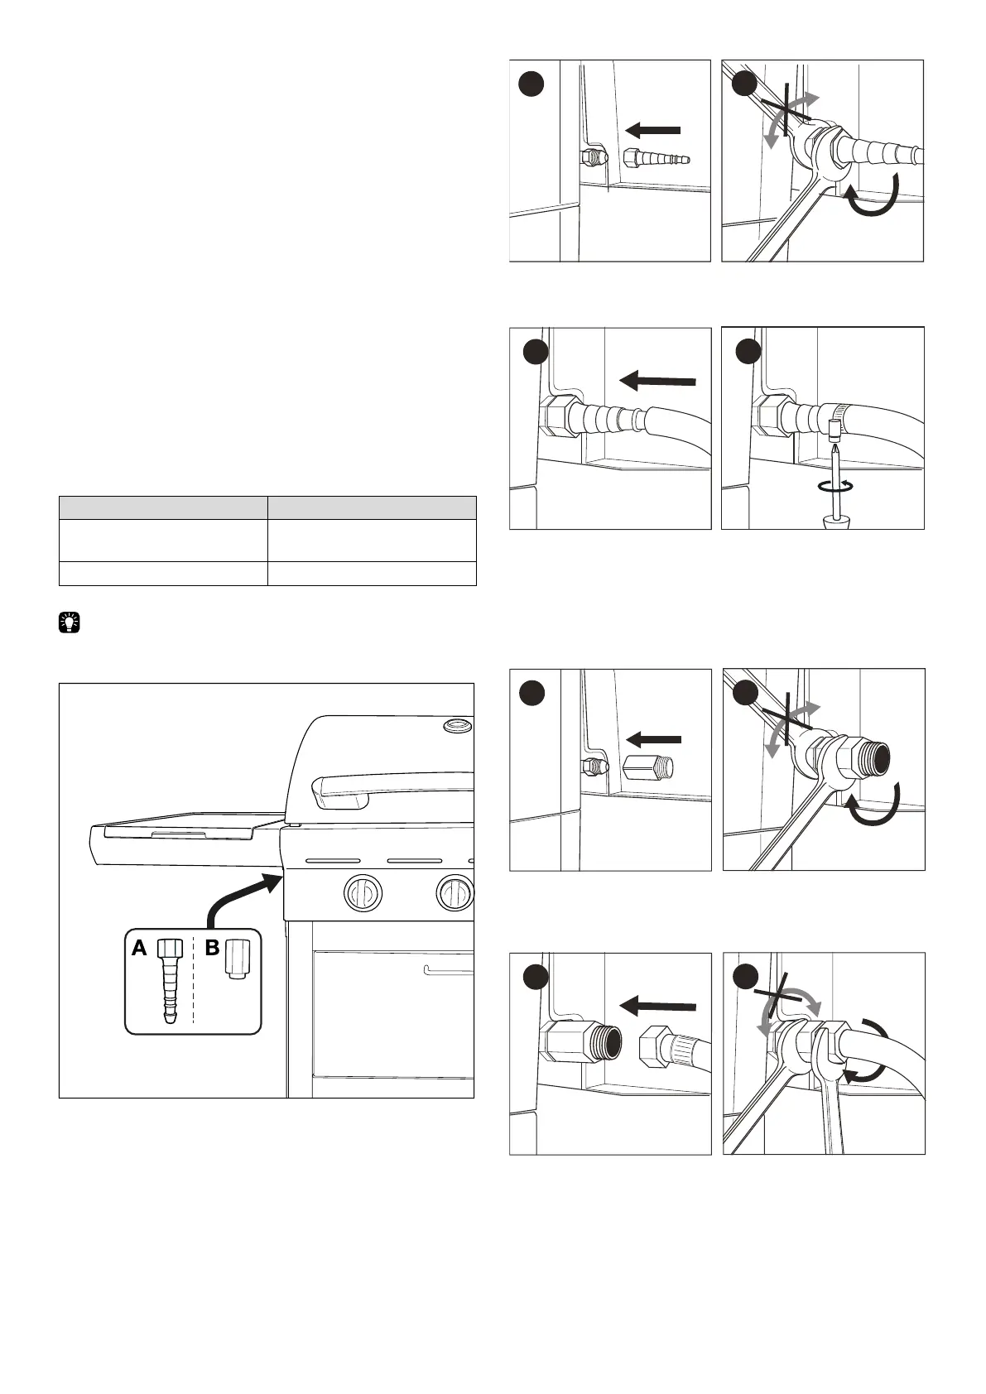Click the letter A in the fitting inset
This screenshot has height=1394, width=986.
[140, 949]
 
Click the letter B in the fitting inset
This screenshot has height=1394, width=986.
[213, 949]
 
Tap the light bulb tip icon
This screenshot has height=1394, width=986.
[70, 622]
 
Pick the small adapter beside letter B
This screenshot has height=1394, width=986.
[236, 960]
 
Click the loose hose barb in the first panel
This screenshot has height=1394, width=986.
[655, 157]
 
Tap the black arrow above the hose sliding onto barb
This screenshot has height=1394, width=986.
[657, 380]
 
